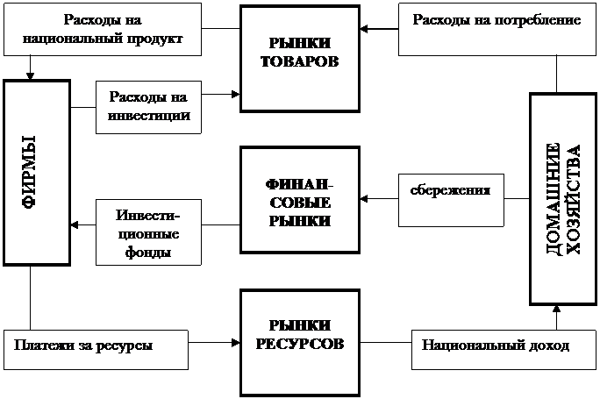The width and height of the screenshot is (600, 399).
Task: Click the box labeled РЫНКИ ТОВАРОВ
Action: (300, 59)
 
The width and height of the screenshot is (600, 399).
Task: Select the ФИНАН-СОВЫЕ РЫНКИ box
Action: (300, 200)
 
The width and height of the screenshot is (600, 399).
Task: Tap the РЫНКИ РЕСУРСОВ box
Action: (300, 343)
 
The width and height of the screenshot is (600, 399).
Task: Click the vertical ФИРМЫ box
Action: (37, 173)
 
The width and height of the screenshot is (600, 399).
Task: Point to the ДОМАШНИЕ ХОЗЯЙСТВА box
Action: (563, 199)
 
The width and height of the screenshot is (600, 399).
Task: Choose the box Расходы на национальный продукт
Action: (103, 30)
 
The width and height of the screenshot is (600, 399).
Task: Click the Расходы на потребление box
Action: (497, 30)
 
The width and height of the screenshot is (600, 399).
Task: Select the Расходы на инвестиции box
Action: (148, 107)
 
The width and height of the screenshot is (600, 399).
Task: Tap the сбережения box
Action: (451, 200)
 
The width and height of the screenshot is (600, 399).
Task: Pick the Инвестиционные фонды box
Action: (148, 232)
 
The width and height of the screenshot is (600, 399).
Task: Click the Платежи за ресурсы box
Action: (96, 350)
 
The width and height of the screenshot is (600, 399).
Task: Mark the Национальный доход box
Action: (504, 350)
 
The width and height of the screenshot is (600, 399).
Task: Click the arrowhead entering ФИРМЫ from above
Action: (30, 75)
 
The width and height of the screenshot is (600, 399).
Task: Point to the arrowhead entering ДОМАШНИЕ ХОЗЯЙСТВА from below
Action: (556, 310)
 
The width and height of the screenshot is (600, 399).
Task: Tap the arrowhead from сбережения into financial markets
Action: (364, 198)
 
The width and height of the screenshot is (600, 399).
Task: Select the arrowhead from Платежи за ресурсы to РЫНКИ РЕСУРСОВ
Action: (236, 343)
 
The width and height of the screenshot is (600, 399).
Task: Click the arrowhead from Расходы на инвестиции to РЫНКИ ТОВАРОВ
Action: (236, 94)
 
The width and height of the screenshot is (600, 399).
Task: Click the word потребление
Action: (539, 20)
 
